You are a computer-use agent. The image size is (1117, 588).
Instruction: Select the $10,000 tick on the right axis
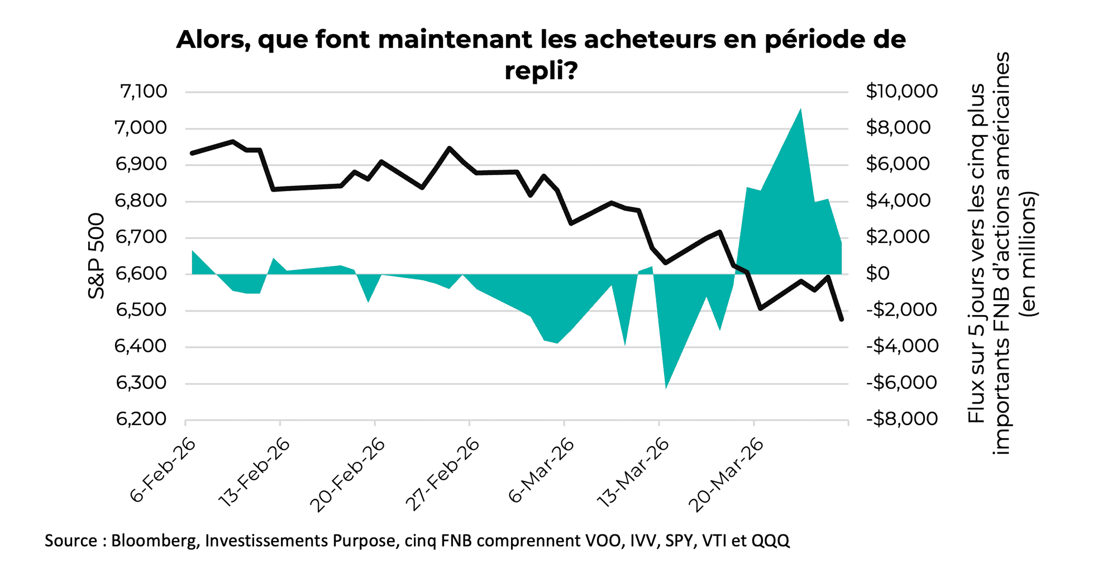tap(901, 91)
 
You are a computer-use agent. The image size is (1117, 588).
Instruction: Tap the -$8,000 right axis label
tap(901, 419)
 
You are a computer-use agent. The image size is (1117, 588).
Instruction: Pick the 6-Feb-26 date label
tap(163, 470)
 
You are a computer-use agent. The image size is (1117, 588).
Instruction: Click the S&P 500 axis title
tap(97, 256)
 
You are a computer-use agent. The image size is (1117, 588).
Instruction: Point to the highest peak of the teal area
tap(800, 109)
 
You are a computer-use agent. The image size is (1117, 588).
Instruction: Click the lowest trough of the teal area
tap(666, 387)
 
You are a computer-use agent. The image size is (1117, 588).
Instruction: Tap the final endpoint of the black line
tap(841, 319)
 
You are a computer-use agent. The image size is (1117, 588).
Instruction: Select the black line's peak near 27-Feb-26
tap(449, 148)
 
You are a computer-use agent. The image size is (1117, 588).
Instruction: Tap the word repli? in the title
tap(540, 71)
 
